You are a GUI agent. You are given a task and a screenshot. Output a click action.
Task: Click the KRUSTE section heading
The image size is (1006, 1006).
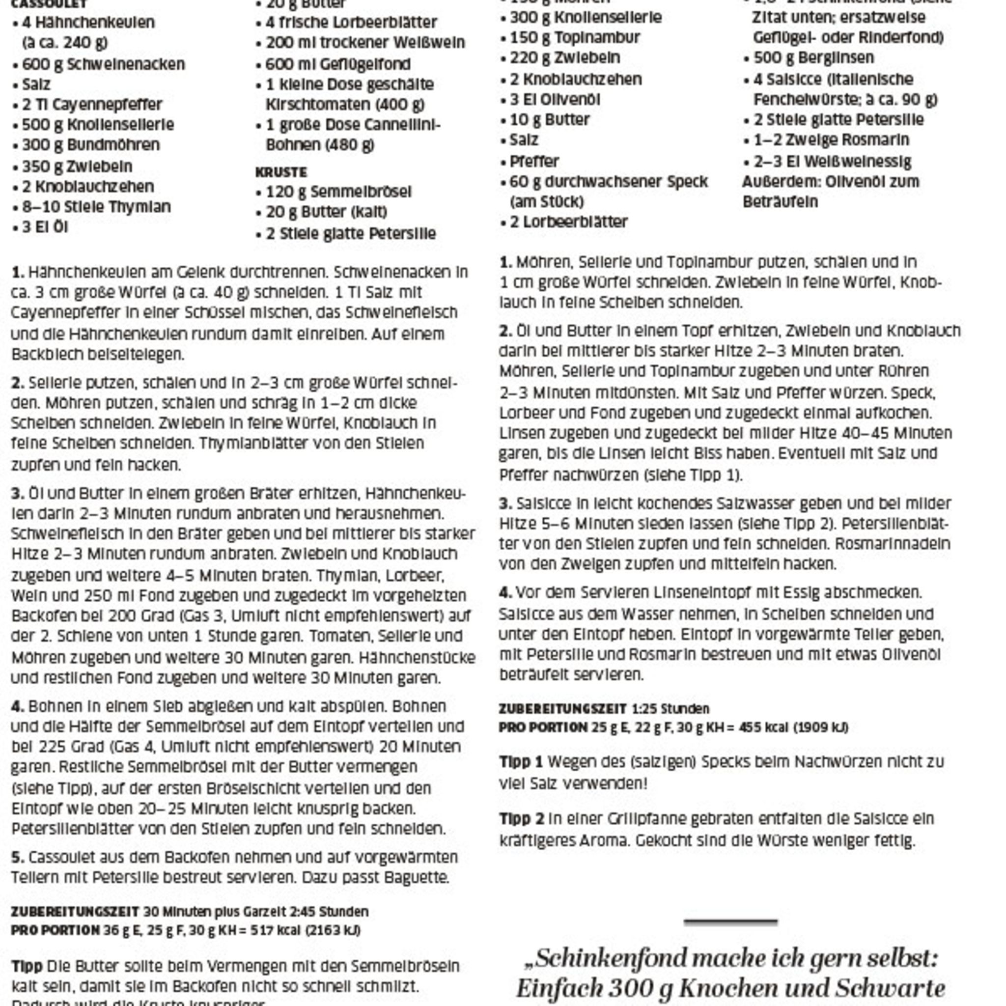[x=281, y=172]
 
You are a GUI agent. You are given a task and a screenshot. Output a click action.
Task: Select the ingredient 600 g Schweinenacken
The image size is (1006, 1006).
[x=103, y=64]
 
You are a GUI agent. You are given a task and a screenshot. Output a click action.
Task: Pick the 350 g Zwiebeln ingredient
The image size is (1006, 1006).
[x=77, y=167]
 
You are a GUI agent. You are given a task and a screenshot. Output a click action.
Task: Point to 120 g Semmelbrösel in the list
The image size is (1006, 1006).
[x=338, y=192]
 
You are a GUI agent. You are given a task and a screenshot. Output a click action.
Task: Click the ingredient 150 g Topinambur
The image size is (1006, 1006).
[x=575, y=37]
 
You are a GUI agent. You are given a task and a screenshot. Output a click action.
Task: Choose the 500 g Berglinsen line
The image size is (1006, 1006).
[x=814, y=58]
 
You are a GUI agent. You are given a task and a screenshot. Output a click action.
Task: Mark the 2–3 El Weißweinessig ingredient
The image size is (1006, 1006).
[x=833, y=162]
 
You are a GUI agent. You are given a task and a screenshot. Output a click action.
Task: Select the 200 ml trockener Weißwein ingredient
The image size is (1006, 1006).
[x=365, y=43]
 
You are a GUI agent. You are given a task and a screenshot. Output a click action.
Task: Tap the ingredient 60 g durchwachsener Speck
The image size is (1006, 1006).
[x=609, y=182]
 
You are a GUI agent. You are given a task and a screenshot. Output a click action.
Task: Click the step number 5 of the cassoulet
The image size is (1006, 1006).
[x=17, y=857]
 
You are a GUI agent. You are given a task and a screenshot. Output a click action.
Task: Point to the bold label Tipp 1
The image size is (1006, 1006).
[x=521, y=762]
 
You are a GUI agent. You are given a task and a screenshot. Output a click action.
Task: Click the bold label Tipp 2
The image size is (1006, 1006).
[x=521, y=818]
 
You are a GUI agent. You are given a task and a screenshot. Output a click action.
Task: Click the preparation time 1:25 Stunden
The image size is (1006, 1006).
[x=671, y=709]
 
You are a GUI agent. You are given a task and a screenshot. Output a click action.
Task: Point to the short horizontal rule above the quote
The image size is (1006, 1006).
[x=730, y=922]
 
